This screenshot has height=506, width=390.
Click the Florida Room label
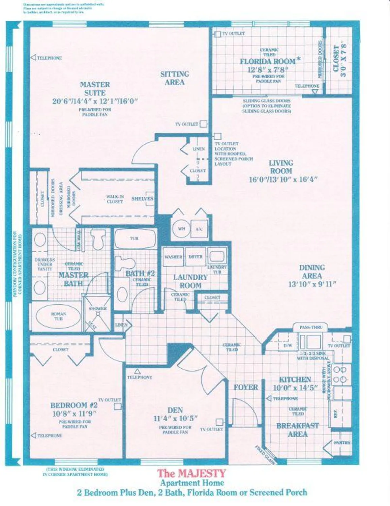click(268, 62)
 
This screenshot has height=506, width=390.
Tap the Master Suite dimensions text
click(95, 101)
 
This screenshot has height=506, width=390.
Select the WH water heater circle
click(181, 229)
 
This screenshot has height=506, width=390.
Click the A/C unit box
click(199, 229)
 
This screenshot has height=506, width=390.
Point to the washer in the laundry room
click(173, 257)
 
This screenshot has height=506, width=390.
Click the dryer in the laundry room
click(196, 257)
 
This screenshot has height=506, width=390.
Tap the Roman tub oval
click(58, 316)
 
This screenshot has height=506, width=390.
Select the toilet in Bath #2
click(122, 263)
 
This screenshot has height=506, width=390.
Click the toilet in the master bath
click(98, 239)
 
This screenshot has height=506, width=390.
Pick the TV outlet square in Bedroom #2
click(117, 406)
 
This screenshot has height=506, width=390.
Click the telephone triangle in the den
click(137, 371)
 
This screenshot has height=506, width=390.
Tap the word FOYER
click(246, 387)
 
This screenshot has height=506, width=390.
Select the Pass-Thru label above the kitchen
click(311, 328)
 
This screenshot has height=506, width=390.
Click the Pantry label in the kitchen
click(342, 443)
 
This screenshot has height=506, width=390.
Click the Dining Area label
click(312, 272)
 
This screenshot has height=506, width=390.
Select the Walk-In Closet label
click(115, 199)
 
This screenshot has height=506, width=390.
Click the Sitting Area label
click(175, 78)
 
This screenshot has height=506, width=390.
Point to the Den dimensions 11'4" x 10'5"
click(175, 419)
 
